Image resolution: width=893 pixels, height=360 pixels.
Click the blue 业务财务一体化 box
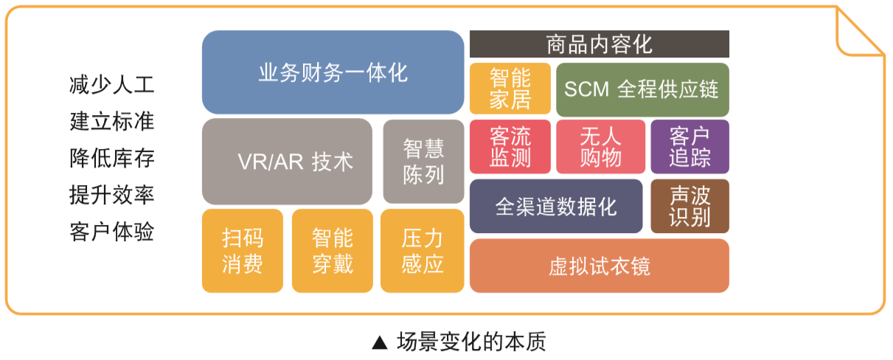[x=333, y=72]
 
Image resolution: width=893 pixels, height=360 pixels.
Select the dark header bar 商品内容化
[x=600, y=44]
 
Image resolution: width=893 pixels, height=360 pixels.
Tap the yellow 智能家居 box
[x=510, y=89]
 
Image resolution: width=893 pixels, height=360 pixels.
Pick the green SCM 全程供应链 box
[x=642, y=89]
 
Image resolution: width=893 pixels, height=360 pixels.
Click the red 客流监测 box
[x=510, y=147]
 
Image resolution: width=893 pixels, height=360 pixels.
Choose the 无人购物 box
[x=600, y=147]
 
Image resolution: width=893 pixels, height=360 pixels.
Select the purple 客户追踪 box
[x=689, y=147]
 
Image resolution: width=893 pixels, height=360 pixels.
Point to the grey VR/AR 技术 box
[x=287, y=162]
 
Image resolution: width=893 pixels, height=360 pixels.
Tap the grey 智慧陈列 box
[x=423, y=162]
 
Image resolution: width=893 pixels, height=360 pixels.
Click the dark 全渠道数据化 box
[x=556, y=206]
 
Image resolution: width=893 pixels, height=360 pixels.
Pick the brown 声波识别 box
[x=689, y=206]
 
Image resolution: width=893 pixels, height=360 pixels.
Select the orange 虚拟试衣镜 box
[x=600, y=266]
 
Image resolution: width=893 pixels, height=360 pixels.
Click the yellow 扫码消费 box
[x=243, y=251]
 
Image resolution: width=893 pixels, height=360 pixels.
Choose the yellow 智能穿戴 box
[x=333, y=251]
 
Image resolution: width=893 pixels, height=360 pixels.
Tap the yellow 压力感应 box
[x=423, y=251]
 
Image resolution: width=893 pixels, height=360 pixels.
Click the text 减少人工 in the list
[x=111, y=85]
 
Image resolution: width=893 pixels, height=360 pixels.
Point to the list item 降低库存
[x=111, y=159]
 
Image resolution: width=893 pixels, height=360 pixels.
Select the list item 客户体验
[x=111, y=232]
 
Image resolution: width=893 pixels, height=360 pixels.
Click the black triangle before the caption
[x=380, y=343]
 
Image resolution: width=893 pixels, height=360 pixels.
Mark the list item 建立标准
[x=111, y=122]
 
